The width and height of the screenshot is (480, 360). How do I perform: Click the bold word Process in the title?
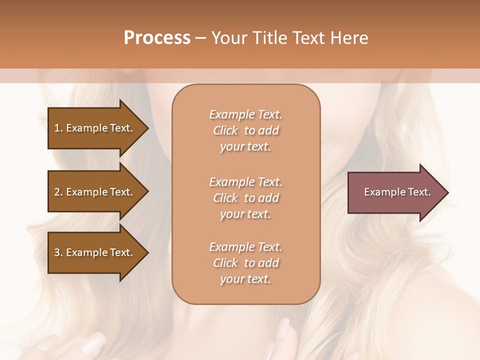(157, 38)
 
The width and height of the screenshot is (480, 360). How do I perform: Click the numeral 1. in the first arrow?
(58, 128)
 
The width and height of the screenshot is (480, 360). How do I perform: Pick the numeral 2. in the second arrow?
(58, 192)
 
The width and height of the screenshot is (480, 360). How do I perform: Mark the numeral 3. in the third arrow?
(58, 252)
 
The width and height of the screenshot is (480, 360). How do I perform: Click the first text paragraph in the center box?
(246, 130)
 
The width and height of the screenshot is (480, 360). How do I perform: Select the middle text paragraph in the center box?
(246, 198)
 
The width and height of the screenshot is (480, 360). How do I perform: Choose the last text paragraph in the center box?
(246, 263)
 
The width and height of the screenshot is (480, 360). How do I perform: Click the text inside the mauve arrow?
(397, 192)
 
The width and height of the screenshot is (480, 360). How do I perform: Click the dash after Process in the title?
(201, 38)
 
